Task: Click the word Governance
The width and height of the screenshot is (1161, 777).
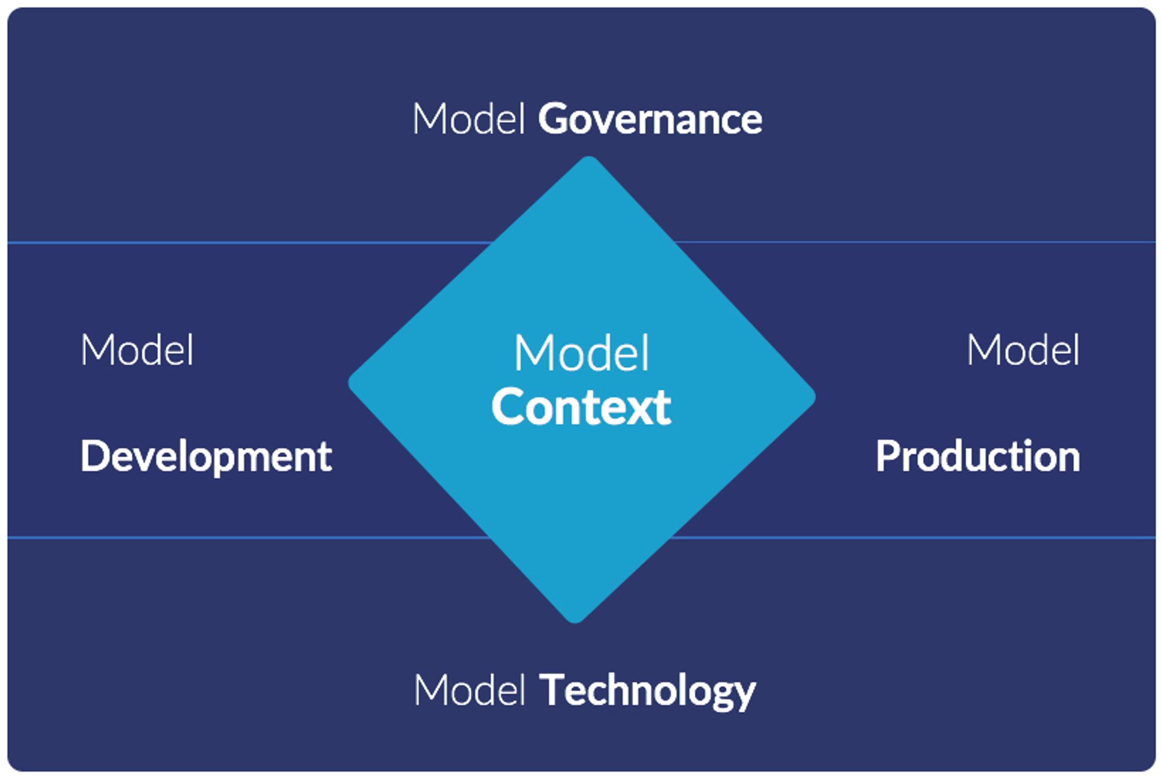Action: click(x=650, y=119)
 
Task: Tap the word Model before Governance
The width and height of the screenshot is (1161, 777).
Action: click(x=468, y=119)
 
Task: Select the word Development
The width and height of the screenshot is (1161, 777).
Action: click(x=206, y=457)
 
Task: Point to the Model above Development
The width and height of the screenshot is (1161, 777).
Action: click(x=137, y=351)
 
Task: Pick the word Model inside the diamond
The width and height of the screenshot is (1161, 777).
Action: click(x=582, y=353)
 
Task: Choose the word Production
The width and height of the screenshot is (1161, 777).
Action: click(x=978, y=457)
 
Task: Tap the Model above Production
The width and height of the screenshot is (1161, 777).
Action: click(x=1023, y=351)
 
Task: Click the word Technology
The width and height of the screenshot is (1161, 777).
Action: click(x=647, y=690)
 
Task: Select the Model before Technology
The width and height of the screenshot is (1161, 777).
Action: click(x=470, y=690)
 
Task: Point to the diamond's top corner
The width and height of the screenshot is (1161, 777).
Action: click(x=588, y=160)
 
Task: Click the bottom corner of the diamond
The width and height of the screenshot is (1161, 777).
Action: click(x=575, y=619)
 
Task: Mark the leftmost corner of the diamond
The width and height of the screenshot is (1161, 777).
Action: click(x=353, y=383)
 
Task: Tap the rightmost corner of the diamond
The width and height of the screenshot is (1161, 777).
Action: click(x=811, y=397)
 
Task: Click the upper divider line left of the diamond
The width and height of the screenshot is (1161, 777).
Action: click(x=242, y=243)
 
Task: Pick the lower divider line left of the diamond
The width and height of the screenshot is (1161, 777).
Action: click(x=242, y=537)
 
